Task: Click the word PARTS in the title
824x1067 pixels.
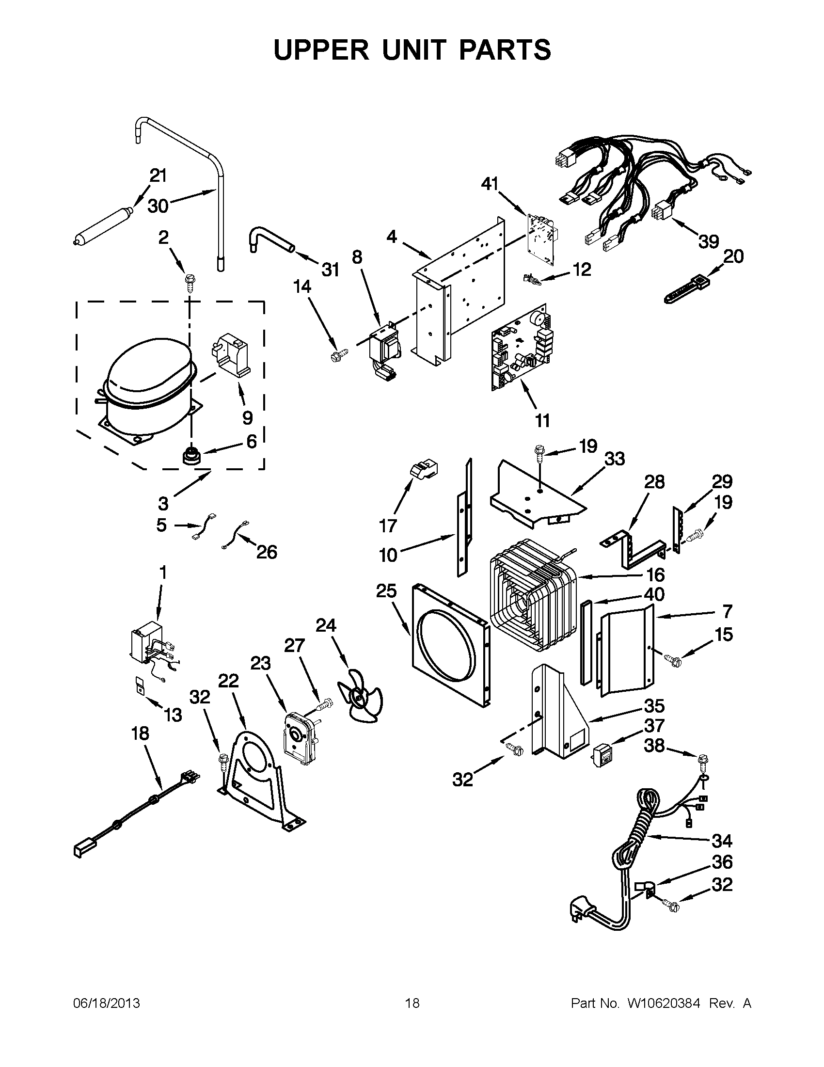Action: click(505, 50)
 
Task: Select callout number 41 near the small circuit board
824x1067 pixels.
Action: click(490, 184)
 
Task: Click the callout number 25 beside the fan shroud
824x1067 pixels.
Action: click(386, 591)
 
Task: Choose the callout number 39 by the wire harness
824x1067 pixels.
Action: click(708, 242)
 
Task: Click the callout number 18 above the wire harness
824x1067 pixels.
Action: click(141, 733)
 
